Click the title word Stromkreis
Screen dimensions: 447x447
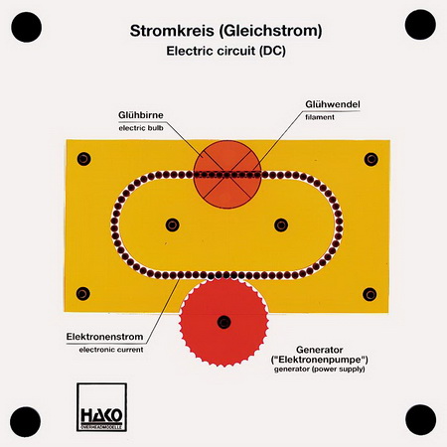coord(172,31)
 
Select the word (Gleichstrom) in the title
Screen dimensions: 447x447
coord(270,32)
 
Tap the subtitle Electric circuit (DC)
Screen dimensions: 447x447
coord(225,51)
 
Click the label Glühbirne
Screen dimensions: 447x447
coord(141,115)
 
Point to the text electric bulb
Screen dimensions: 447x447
coord(141,128)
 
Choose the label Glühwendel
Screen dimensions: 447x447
coord(333,104)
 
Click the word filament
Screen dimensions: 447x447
coord(320,117)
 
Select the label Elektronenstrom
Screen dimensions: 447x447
coord(104,337)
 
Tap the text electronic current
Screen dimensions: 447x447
coord(111,350)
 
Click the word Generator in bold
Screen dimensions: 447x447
coord(320,350)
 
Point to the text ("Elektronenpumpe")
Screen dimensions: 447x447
coord(320,360)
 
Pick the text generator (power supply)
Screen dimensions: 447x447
coord(320,369)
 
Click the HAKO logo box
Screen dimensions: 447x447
coord(101,407)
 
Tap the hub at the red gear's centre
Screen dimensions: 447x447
coord(223,322)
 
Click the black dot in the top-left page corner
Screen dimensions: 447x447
coord(27,27)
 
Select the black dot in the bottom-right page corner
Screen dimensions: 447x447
coord(420,419)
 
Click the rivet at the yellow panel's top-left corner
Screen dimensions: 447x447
coord(83,159)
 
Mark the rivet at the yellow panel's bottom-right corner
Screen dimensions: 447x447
coord(370,294)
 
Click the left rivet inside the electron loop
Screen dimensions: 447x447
coord(172,225)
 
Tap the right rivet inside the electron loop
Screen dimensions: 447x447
coord(281,225)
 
